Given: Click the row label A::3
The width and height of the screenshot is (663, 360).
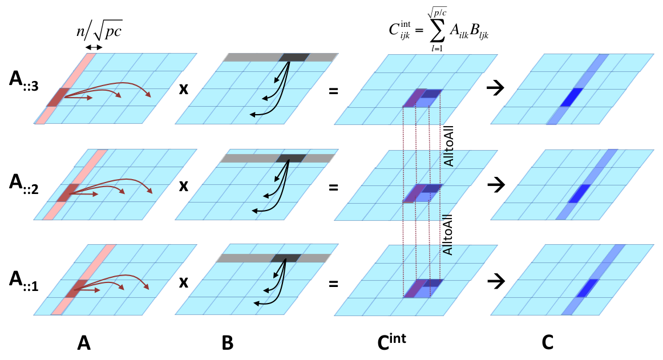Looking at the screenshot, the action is click(24, 80).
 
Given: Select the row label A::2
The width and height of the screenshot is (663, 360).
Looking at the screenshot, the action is click(24, 184).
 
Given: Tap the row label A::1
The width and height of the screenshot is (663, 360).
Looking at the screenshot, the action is click(24, 281).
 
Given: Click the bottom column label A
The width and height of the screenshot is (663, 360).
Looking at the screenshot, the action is click(84, 343).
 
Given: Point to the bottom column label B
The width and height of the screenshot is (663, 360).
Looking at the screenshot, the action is click(228, 343).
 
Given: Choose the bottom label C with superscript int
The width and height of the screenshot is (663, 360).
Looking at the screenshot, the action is click(391, 341).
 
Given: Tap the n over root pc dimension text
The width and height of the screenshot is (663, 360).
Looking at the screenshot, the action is click(99, 30).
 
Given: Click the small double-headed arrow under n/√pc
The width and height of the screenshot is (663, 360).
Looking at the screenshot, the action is click(94, 47).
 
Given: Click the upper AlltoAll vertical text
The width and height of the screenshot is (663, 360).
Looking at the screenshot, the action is click(448, 145).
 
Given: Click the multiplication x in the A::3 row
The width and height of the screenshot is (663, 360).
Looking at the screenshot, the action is click(184, 89).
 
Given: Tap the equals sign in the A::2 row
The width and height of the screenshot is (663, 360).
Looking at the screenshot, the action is click(334, 187).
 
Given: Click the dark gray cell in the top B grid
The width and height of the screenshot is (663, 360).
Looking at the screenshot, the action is click(294, 57).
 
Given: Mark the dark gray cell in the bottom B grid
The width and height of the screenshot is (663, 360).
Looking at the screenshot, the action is click(286, 258).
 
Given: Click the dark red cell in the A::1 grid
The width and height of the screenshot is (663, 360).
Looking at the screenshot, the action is click(76, 289).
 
